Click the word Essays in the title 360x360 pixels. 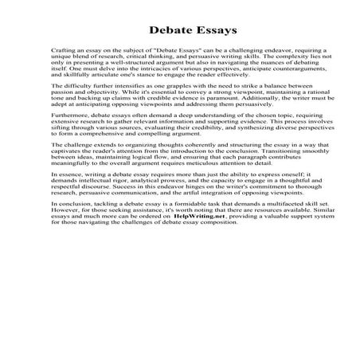click(210, 32)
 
